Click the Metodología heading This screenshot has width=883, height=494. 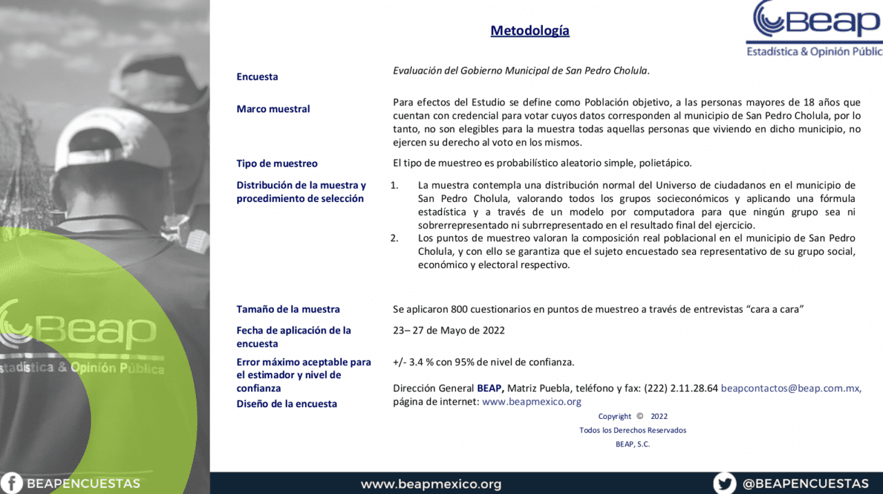pyautogui.click(x=530, y=31)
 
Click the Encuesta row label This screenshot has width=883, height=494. pyautogui.click(x=257, y=76)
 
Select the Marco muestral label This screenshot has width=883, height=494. pyautogui.click(x=273, y=109)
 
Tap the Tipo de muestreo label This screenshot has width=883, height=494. pyautogui.click(x=277, y=163)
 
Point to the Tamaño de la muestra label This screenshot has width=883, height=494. pyautogui.click(x=288, y=309)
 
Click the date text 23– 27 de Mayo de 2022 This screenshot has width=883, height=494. pyautogui.click(x=448, y=330)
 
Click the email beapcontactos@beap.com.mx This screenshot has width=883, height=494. pyautogui.click(x=791, y=388)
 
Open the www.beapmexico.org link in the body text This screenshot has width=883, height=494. pyautogui.click(x=531, y=401)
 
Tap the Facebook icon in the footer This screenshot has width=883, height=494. pyautogui.click(x=12, y=484)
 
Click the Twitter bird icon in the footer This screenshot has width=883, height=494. pyautogui.click(x=724, y=484)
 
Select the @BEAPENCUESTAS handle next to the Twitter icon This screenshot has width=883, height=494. pyautogui.click(x=805, y=484)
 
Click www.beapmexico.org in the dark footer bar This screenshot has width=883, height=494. pyautogui.click(x=431, y=484)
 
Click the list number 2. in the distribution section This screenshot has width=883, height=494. pyautogui.click(x=395, y=238)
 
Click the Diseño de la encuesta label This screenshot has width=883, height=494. pyautogui.click(x=286, y=404)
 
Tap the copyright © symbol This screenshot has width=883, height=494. pyautogui.click(x=639, y=416)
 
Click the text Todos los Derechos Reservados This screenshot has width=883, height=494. pyautogui.click(x=633, y=430)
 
